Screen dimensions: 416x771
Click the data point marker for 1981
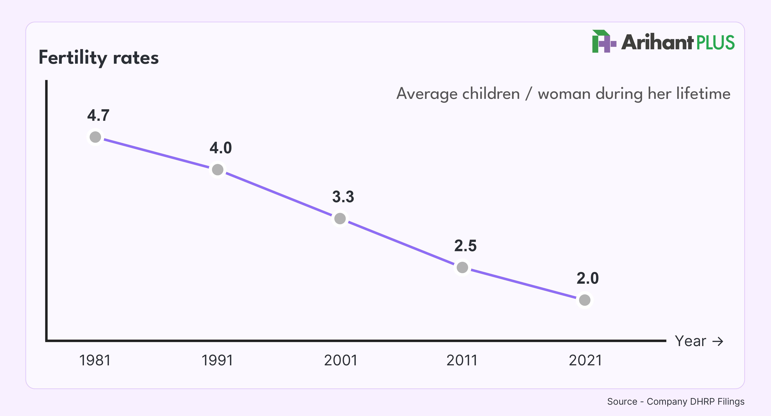pyautogui.click(x=95, y=137)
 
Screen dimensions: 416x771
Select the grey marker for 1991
pyautogui.click(x=218, y=170)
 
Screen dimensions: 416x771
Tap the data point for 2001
pyautogui.click(x=340, y=219)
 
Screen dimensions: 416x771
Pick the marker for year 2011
pyautogui.click(x=462, y=267)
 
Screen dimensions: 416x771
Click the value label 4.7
pyautogui.click(x=98, y=115)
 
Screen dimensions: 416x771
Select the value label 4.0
pyautogui.click(x=221, y=148)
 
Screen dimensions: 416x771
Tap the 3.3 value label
pyautogui.click(x=343, y=197)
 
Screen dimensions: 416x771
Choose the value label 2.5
pyautogui.click(x=465, y=246)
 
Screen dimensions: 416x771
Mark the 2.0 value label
pyautogui.click(x=588, y=278)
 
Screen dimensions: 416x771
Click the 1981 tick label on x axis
pyautogui.click(x=95, y=360)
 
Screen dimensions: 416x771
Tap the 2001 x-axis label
pyautogui.click(x=341, y=360)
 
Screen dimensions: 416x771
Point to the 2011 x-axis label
pyautogui.click(x=462, y=360)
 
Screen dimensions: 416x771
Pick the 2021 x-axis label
pyautogui.click(x=585, y=360)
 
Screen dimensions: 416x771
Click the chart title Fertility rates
pyautogui.click(x=99, y=58)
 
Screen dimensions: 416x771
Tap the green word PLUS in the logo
pyautogui.click(x=715, y=43)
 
